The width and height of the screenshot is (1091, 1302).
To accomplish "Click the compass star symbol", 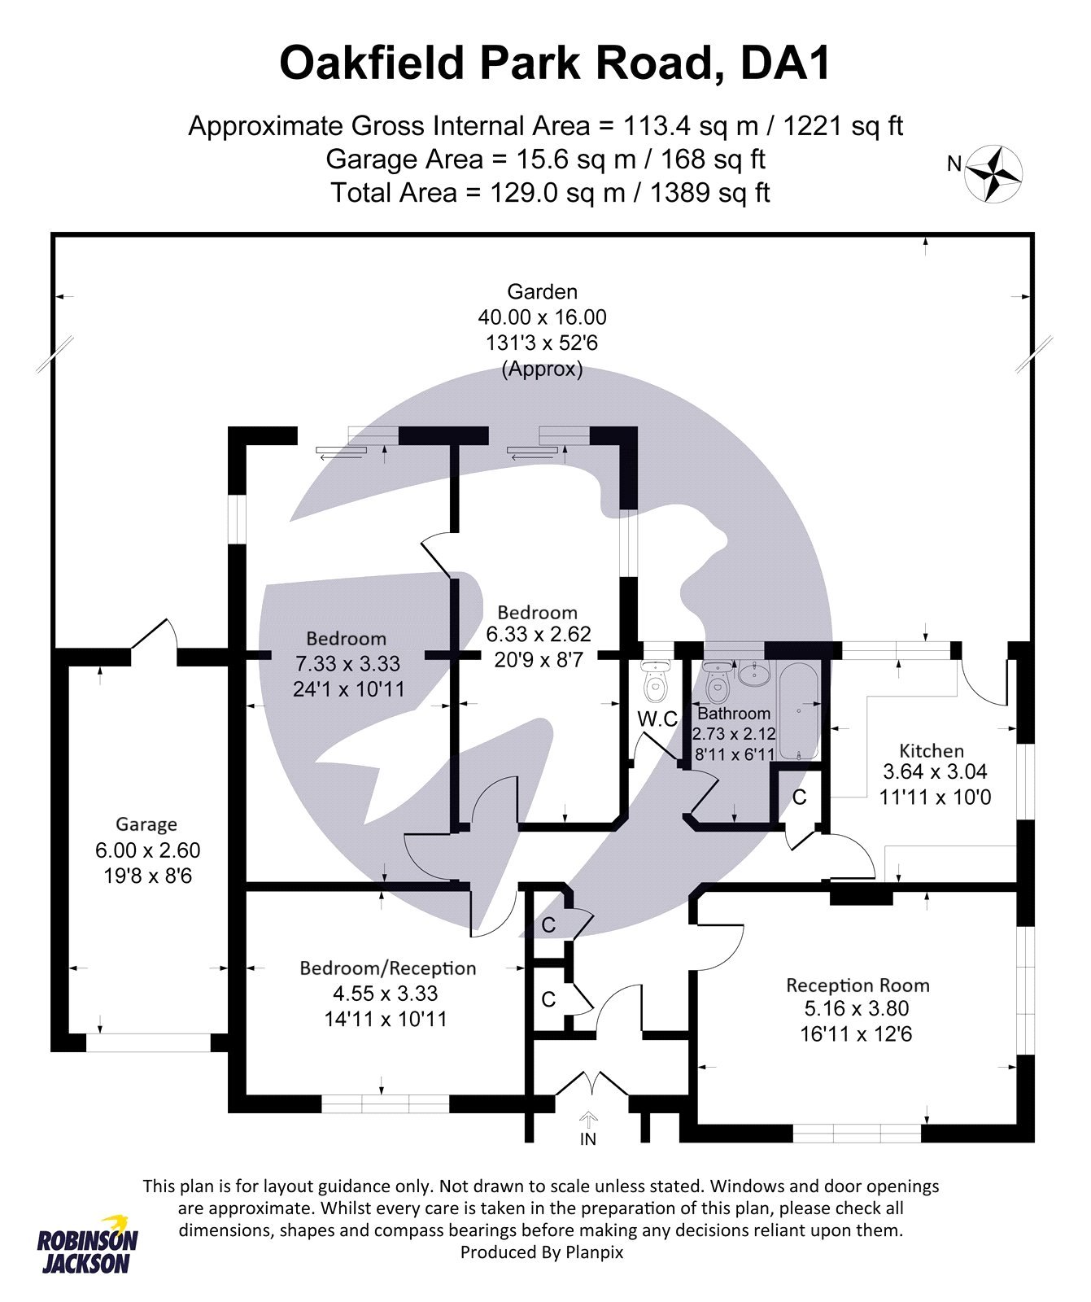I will point(993,173).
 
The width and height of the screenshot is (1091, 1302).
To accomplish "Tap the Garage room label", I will point(146,824).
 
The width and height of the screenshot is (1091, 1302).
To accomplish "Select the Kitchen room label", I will point(932,750).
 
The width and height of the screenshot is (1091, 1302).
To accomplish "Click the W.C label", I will point(657,719).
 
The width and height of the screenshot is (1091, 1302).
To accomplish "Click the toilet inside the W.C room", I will point(654,684).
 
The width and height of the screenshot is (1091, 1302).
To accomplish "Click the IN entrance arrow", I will point(588,1121).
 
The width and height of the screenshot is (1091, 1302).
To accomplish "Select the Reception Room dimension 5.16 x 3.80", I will point(857,1009).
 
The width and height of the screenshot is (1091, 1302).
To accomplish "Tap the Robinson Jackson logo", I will point(88,1245).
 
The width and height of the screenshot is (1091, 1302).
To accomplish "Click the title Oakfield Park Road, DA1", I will point(555,63).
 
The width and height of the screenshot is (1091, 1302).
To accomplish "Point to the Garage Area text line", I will point(545,159).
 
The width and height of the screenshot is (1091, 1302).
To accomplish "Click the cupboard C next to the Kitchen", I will point(800,797).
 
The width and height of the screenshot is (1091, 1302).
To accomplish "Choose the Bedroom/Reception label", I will point(387,968).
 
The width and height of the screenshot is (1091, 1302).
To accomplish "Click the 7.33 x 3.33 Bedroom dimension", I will point(347,664).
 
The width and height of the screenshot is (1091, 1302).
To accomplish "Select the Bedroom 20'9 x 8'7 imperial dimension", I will point(538,660).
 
